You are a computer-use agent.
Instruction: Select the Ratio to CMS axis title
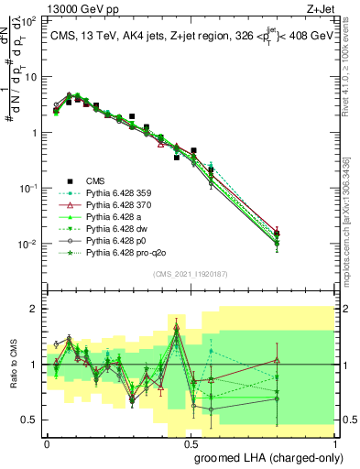14,365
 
